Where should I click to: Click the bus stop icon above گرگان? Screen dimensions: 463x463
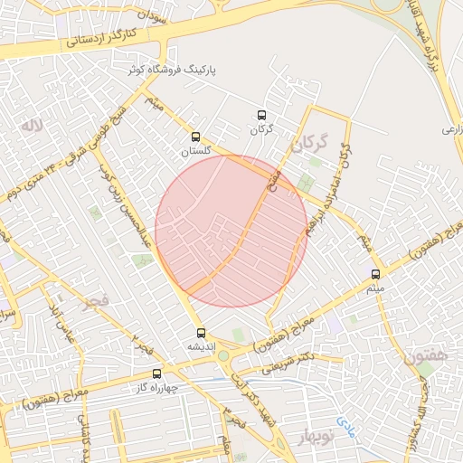(x=261, y=115)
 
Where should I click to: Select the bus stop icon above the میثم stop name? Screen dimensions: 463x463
(x=375, y=274)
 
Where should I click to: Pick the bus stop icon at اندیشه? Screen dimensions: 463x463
(x=201, y=333)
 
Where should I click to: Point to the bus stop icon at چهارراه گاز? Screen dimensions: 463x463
(x=157, y=373)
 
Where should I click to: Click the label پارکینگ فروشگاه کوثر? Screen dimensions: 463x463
(x=175, y=69)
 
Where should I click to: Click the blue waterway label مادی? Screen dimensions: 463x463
(x=347, y=421)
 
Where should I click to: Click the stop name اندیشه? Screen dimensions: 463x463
(x=201, y=346)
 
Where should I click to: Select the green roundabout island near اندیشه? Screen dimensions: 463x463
(x=222, y=354)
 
